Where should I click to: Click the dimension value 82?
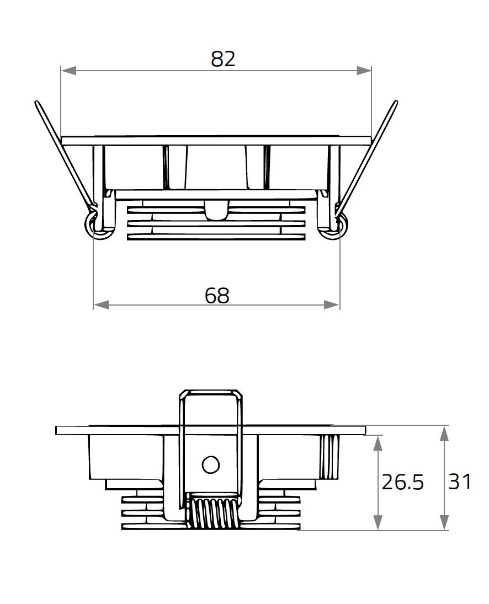coord(223,59)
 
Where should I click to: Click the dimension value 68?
coord(216,296)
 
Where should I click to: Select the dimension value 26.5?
coord(402,482)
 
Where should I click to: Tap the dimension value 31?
coord(459,482)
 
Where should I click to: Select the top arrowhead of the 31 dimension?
coord(444,433)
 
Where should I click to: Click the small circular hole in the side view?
coord(210,465)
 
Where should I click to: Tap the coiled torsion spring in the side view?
coord(213,513)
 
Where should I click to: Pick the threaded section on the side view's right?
coord(329,457)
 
